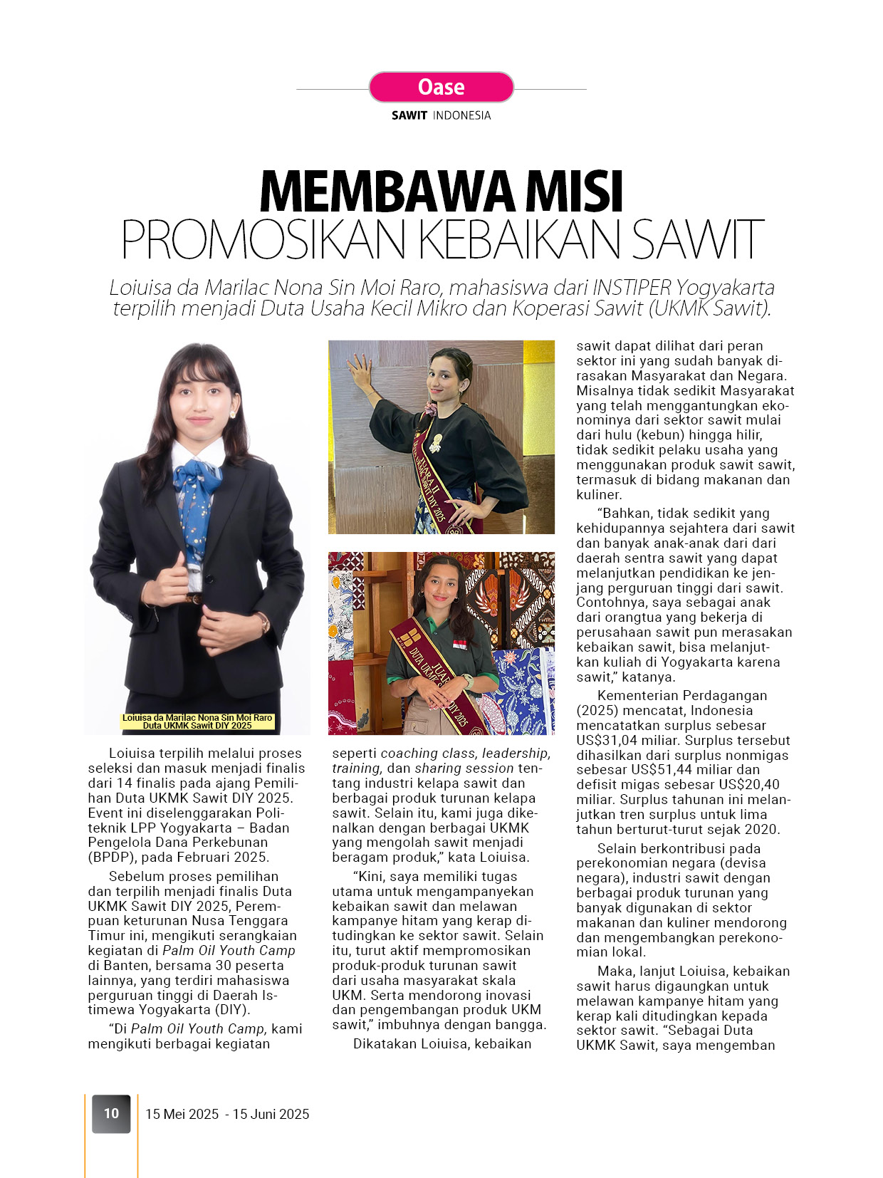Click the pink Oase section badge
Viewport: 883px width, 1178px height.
pyautogui.click(x=441, y=87)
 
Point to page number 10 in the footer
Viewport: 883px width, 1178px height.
pyautogui.click(x=111, y=1113)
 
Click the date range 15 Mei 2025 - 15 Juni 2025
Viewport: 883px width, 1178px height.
pyautogui.click(x=227, y=1114)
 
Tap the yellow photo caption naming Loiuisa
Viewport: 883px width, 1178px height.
pyautogui.click(x=197, y=721)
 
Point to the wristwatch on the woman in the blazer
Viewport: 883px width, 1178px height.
pyautogui.click(x=265, y=622)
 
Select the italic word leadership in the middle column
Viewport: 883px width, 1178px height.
pyautogui.click(x=514, y=753)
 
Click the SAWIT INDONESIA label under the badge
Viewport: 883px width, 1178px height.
pyautogui.click(x=441, y=115)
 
